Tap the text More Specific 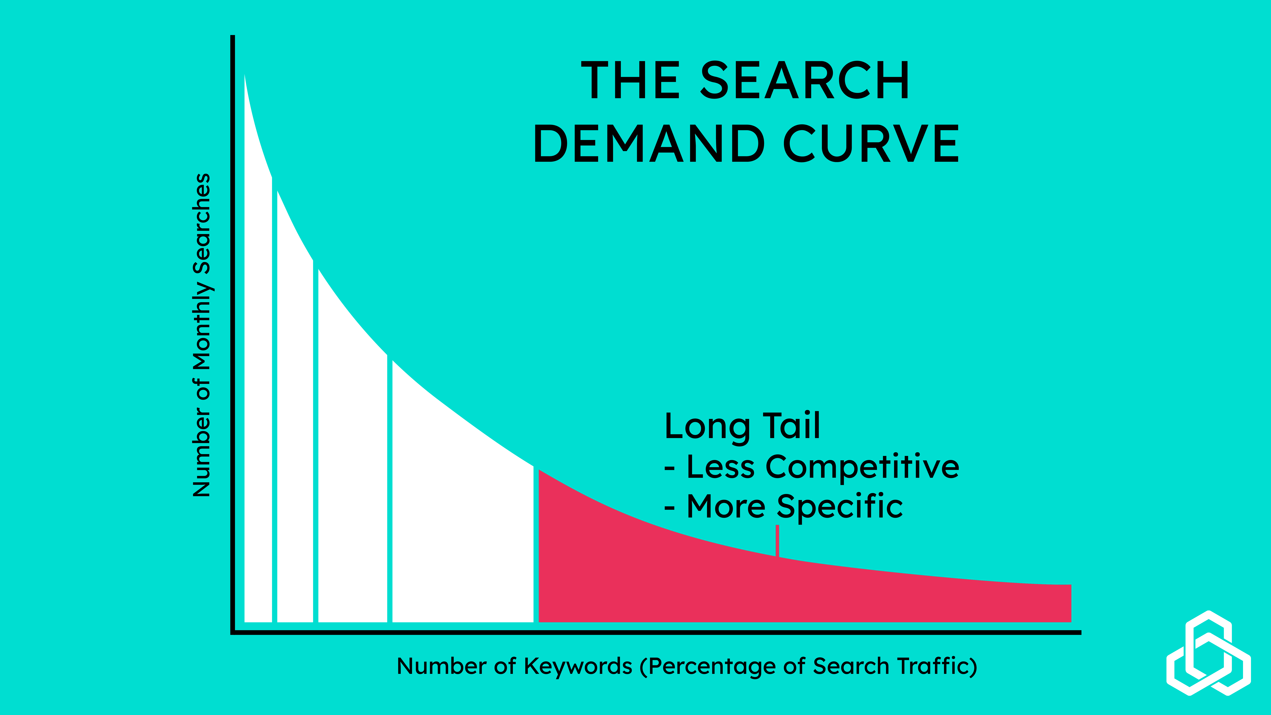(794, 507)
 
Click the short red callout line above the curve (778, 540)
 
